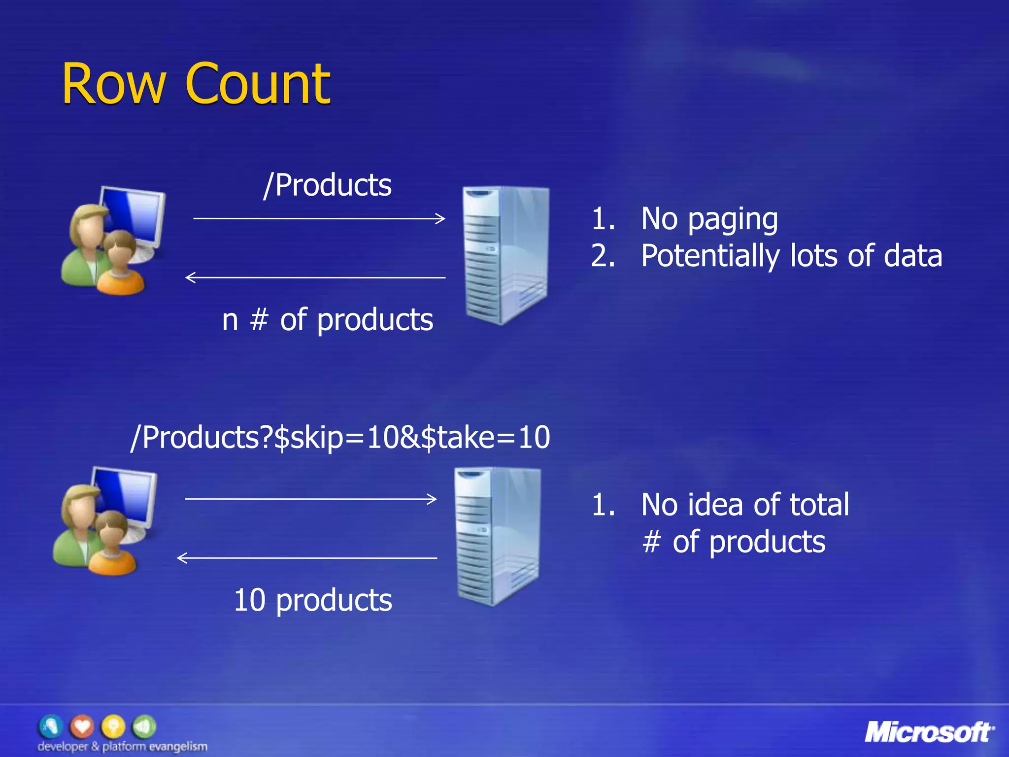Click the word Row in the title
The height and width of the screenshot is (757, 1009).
[113, 85]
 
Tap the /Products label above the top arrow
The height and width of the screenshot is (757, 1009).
[328, 186]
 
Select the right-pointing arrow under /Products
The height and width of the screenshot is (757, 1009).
[319, 218]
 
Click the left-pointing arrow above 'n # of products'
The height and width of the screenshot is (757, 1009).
[315, 277]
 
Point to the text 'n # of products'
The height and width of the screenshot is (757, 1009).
[328, 320]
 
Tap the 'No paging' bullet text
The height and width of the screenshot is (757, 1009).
[709, 219]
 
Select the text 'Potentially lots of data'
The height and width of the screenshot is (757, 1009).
[791, 256]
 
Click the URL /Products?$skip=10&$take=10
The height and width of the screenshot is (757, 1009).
[340, 437]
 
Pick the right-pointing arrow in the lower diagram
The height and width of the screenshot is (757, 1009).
[311, 499]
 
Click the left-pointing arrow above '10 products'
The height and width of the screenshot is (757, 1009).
[307, 558]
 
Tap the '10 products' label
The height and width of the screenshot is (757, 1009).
[313, 601]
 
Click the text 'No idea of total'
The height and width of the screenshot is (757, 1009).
[745, 505]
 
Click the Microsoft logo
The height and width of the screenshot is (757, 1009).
[929, 732]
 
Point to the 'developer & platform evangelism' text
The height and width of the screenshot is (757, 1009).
[122, 747]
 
